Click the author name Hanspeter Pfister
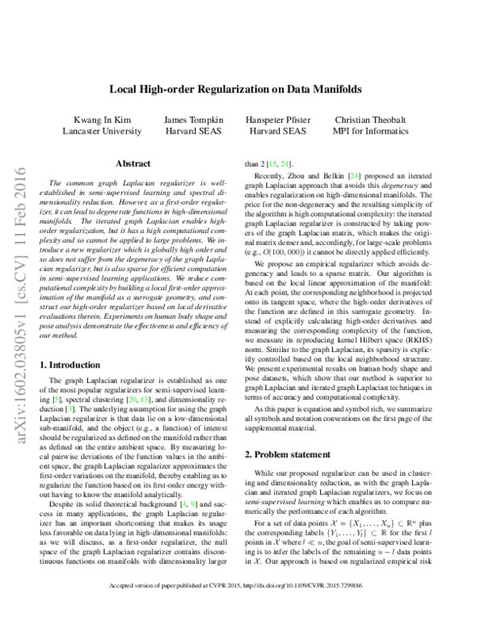pos(277,118)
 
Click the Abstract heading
pos(133,163)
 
